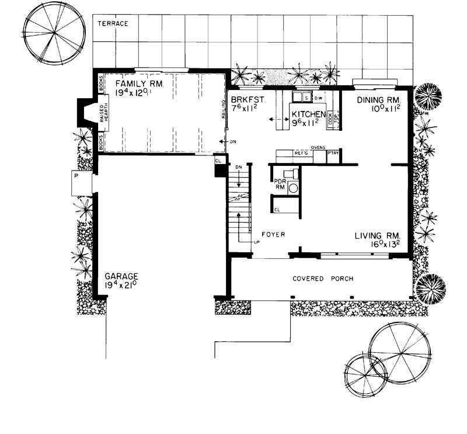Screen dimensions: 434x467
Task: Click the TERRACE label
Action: (113, 23)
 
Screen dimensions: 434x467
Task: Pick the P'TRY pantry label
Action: (333, 153)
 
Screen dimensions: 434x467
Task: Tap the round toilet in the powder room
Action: (292, 188)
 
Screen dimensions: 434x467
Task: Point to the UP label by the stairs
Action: (255, 241)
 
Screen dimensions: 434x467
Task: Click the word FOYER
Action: (273, 234)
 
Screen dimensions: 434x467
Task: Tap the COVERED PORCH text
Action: (322, 279)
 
